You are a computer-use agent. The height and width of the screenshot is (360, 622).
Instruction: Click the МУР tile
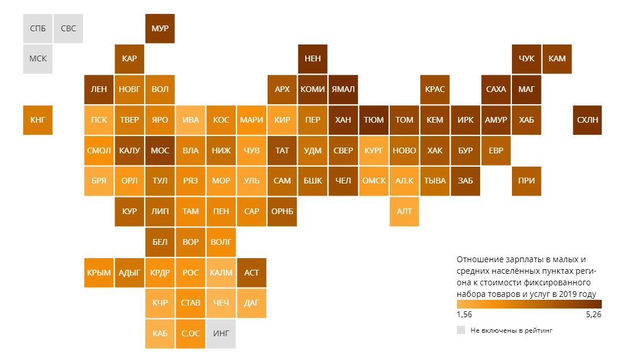(160, 28)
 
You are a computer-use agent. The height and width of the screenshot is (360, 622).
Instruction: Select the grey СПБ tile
(38, 28)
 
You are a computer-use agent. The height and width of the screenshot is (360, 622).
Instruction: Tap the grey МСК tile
(38, 59)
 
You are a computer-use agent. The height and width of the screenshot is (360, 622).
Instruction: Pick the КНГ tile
(38, 120)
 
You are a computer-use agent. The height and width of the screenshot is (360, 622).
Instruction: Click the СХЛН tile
(587, 120)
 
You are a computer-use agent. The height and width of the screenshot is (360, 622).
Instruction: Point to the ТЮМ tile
(374, 120)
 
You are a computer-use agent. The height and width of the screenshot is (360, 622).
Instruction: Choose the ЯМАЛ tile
(343, 90)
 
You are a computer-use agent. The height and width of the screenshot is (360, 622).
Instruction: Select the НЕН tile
(313, 59)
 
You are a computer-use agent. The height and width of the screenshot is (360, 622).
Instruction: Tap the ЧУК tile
(526, 59)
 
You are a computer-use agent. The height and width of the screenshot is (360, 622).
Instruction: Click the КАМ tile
(557, 59)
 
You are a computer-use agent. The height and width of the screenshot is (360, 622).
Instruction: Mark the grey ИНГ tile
(221, 334)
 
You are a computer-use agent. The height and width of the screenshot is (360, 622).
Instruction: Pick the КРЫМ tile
(99, 273)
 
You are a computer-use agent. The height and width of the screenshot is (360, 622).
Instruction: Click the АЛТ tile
(404, 212)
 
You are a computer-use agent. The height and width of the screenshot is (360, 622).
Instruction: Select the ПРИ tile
(526, 181)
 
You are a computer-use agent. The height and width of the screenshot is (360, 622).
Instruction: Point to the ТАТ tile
(282, 150)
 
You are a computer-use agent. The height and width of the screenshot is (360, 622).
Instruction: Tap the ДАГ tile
(251, 303)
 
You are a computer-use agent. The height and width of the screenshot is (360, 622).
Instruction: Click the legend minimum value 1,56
(464, 315)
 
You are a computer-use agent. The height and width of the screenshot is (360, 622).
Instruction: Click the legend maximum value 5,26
(594, 315)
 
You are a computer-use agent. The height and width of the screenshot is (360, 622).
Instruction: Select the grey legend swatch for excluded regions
(461, 330)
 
